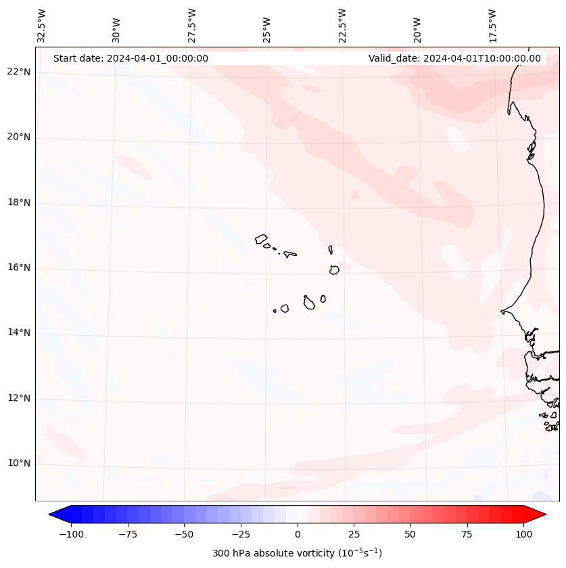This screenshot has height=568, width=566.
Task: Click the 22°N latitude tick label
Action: pyautogui.click(x=19, y=72)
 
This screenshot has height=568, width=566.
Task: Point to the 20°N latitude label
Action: pyautogui.click(x=19, y=137)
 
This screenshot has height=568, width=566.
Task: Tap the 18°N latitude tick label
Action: pyautogui.click(x=19, y=203)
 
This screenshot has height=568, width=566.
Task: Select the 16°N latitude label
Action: pyautogui.click(x=19, y=268)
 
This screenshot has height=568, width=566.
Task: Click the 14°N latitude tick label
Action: pyautogui.click(x=19, y=333)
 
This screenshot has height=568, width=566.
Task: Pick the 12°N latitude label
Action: pyautogui.click(x=19, y=399)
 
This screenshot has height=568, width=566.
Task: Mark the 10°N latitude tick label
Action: pyautogui.click(x=19, y=464)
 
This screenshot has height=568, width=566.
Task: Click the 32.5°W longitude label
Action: pyautogui.click(x=42, y=25)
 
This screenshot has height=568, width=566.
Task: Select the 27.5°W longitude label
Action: pyautogui.click(x=192, y=25)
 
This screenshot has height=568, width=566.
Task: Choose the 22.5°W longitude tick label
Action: pyautogui.click(x=342, y=25)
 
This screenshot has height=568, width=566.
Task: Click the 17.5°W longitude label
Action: pyautogui.click(x=492, y=25)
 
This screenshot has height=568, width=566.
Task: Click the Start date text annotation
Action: pyautogui.click(x=131, y=58)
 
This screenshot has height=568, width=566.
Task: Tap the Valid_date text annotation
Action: pyautogui.click(x=454, y=58)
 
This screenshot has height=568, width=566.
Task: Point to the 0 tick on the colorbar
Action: pyautogui.click(x=298, y=534)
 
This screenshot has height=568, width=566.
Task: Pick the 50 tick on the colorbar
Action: pyautogui.click(x=410, y=534)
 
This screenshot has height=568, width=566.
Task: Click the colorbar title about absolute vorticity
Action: pyautogui.click(x=298, y=553)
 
